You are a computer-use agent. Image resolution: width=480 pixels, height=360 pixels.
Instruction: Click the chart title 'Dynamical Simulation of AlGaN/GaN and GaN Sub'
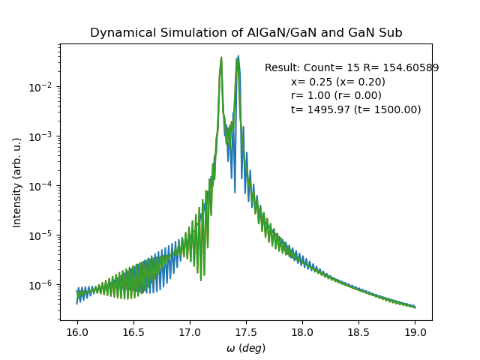pos(246,33)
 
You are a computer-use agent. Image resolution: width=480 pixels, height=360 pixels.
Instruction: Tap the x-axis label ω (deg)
pos(246,348)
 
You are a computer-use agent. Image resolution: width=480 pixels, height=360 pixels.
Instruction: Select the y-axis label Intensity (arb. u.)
pos(17,182)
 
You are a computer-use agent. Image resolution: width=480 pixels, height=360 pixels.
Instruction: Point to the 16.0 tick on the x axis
pos(76,332)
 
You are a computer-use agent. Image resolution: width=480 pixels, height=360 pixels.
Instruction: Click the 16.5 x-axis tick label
pos(133,332)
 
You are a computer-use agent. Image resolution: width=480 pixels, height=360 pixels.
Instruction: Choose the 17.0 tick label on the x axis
pos(190,332)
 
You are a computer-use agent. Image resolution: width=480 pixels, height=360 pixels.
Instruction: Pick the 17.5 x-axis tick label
pos(246,332)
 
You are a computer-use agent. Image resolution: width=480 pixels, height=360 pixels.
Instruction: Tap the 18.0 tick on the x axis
pos(302,332)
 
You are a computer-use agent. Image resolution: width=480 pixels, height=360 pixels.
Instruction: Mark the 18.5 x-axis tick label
pos(358,332)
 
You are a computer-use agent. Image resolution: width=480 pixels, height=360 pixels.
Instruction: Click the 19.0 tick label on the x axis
pos(415,332)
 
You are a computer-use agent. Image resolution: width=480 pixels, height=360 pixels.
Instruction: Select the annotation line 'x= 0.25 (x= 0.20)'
pos(338,82)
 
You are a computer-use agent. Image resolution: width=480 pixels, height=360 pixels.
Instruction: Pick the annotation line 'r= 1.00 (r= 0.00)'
pos(336,96)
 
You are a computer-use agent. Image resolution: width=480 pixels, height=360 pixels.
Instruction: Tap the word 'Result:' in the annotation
pos(282,68)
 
